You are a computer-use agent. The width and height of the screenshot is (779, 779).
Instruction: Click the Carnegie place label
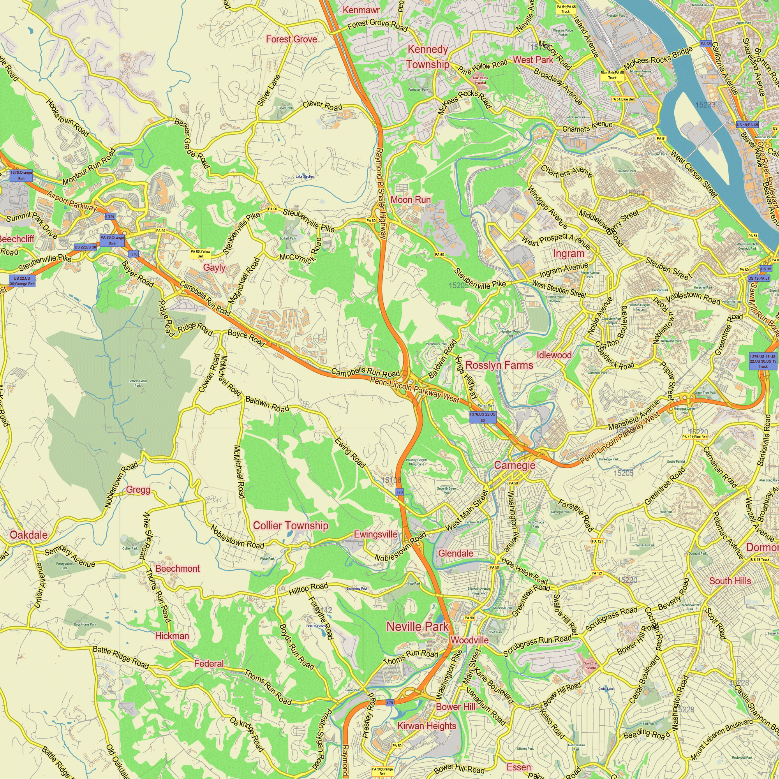point(515,465)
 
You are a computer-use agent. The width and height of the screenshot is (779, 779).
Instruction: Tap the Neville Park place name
point(417,627)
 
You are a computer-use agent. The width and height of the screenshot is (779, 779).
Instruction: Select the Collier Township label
point(290,525)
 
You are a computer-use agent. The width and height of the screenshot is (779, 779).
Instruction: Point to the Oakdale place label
point(28,535)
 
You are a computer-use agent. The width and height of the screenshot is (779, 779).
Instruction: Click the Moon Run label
point(411,199)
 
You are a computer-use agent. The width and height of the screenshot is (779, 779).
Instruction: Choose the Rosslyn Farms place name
point(499,365)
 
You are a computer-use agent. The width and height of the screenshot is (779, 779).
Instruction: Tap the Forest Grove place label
point(291,39)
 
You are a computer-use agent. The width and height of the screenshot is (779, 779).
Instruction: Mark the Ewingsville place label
point(375,534)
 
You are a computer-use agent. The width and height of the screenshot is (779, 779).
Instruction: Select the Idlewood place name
point(554,355)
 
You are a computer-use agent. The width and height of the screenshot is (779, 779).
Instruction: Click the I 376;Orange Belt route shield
point(21,175)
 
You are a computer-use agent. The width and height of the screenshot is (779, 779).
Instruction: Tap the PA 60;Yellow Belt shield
point(200,254)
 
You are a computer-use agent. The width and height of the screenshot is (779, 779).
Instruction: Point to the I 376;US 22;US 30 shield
point(483,417)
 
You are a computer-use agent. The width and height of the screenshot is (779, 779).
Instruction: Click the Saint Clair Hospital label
point(591,665)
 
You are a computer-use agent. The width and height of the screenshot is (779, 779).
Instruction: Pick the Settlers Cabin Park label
point(137,383)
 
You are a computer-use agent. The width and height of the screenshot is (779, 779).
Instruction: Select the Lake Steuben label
point(305,176)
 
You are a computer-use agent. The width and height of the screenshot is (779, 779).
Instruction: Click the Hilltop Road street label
point(308,589)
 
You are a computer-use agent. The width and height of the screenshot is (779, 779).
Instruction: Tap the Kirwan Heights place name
point(427,726)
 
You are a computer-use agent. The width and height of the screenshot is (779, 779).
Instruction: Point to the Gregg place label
point(138,490)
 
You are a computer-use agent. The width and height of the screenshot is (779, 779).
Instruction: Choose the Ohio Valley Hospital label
point(480,80)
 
